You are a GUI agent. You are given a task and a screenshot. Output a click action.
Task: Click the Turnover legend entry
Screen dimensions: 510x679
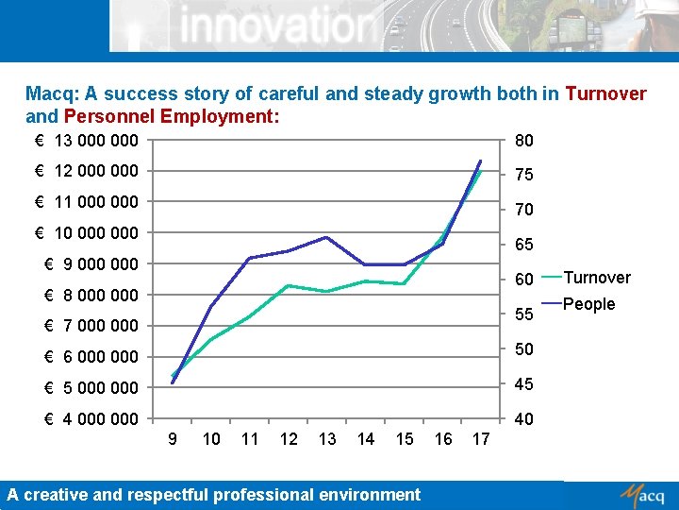click(x=596, y=277)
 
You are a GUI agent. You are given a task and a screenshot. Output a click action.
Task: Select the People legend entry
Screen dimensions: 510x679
click(x=588, y=304)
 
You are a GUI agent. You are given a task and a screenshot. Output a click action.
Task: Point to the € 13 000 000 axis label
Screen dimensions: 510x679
click(x=86, y=141)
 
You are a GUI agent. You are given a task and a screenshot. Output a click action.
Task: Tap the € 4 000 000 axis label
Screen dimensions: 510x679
click(x=86, y=418)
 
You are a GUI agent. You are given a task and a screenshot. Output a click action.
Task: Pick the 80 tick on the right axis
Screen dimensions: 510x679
click(x=523, y=141)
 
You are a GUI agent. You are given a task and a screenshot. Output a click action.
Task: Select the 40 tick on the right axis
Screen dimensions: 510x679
click(x=523, y=418)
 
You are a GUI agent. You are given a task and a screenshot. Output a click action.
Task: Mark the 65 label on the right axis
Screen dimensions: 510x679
click(x=523, y=245)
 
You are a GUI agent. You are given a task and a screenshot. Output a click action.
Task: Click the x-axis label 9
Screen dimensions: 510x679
click(x=172, y=439)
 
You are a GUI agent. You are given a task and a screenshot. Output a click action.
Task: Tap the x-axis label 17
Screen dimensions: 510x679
click(x=481, y=439)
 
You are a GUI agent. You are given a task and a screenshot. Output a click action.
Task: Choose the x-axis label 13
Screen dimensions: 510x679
click(x=327, y=439)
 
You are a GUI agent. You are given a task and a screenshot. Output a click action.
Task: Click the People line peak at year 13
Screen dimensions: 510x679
click(x=326, y=237)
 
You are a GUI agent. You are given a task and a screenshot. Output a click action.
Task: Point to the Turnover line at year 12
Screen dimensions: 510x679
click(x=288, y=285)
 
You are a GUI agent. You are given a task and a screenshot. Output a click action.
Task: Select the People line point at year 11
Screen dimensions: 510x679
click(x=249, y=258)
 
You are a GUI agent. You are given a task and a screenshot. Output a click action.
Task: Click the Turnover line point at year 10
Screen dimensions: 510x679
click(x=210, y=339)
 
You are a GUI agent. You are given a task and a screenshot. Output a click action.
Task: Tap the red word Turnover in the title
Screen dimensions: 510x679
click(x=605, y=93)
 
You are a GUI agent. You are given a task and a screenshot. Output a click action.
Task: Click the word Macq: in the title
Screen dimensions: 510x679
click(x=53, y=93)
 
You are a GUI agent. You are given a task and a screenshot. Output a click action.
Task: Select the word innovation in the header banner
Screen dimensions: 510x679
click(x=274, y=25)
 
